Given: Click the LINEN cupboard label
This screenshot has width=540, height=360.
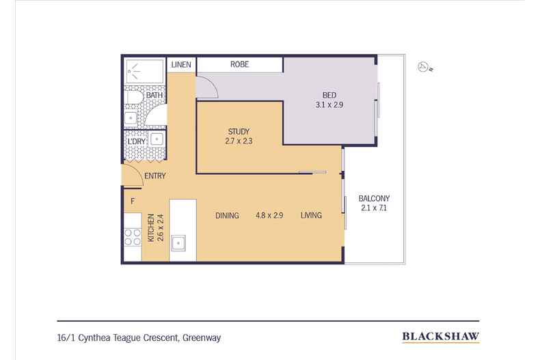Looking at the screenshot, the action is click(x=181, y=64).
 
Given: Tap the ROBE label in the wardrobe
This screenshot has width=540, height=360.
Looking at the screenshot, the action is click(x=240, y=64).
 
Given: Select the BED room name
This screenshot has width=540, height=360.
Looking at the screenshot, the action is click(x=329, y=95).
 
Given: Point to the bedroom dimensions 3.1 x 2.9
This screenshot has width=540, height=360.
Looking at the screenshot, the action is click(x=329, y=105).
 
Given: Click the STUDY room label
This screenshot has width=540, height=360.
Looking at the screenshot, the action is click(x=239, y=131).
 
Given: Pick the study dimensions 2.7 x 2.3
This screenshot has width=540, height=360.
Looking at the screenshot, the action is click(x=239, y=141).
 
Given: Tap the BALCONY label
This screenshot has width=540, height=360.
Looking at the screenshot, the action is click(x=374, y=199).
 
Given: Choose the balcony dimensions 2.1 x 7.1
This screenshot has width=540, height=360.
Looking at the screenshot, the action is click(x=374, y=208).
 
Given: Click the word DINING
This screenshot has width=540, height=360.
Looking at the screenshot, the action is click(x=228, y=216).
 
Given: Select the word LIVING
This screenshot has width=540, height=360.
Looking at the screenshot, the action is click(x=311, y=215).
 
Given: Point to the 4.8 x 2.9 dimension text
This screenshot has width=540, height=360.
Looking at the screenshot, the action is click(x=269, y=215).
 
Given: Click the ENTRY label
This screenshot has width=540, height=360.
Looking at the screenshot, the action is click(x=155, y=176).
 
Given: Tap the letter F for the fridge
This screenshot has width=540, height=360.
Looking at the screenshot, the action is click(x=133, y=201).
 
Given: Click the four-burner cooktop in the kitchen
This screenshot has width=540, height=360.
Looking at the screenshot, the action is click(x=133, y=238).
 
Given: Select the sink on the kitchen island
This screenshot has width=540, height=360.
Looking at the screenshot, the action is click(x=178, y=243).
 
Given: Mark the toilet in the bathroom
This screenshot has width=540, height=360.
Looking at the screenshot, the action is click(x=133, y=98).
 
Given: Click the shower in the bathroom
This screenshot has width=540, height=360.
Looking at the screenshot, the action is click(x=145, y=71).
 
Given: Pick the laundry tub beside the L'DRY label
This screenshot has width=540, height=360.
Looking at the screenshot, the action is click(x=157, y=139).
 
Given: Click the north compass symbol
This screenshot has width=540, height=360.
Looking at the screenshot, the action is click(x=424, y=67).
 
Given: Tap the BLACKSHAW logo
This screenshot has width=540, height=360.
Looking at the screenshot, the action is click(x=441, y=337).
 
